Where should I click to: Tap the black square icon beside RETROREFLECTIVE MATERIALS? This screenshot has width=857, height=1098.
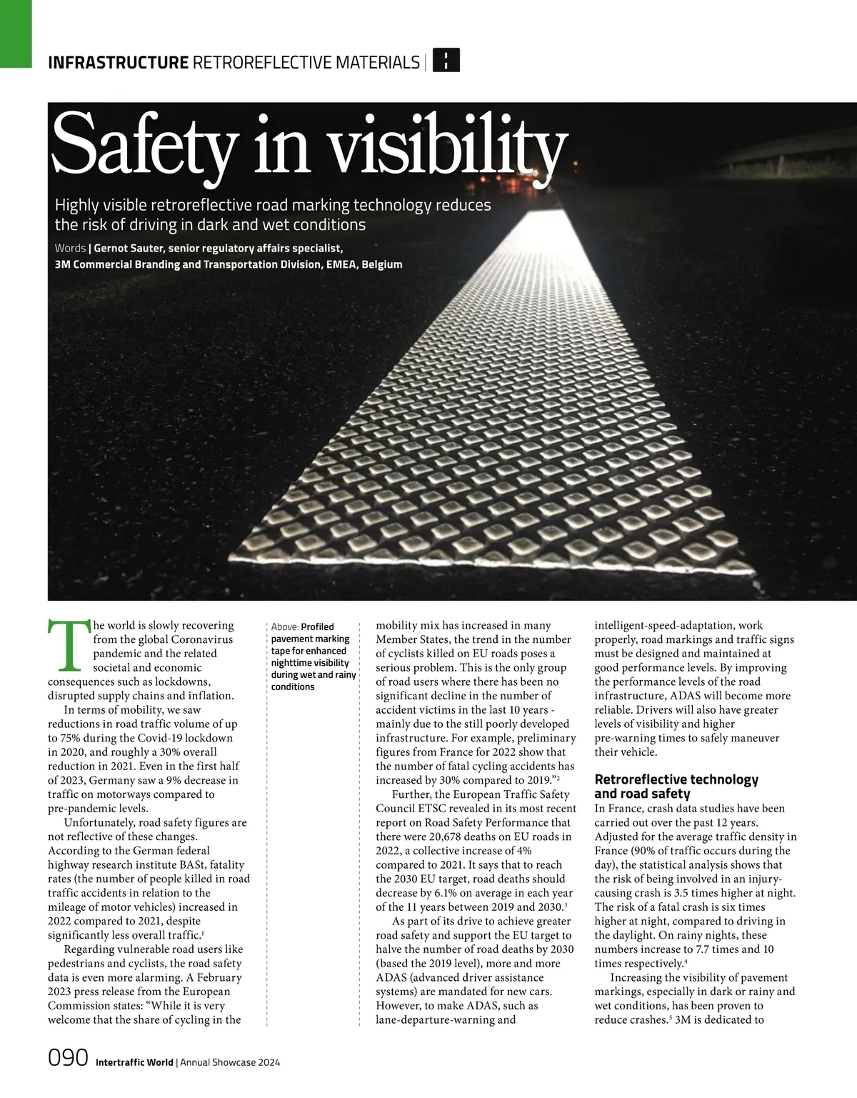tap(446, 61)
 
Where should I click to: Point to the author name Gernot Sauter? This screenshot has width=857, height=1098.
tap(134, 249)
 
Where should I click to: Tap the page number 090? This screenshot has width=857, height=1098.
tap(67, 1057)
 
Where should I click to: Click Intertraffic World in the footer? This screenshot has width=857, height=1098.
tap(134, 1062)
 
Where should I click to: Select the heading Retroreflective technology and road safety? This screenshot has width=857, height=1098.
tap(676, 787)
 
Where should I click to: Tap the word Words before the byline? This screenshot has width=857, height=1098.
tap(70, 249)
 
